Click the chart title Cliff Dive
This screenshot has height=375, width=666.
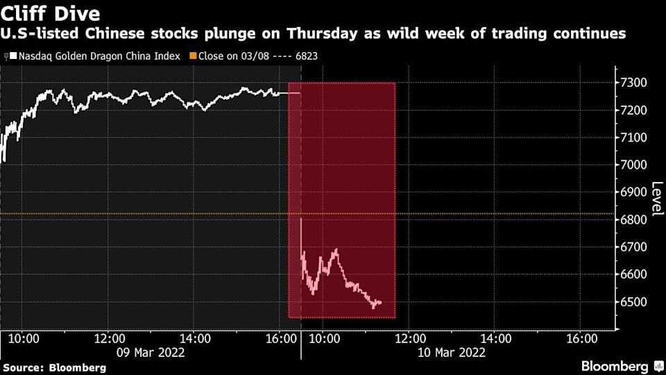coord(51,13)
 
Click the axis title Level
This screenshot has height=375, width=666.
coord(656,198)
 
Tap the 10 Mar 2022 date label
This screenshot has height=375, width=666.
coord(452,352)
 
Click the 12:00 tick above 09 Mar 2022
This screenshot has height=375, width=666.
coord(109,338)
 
